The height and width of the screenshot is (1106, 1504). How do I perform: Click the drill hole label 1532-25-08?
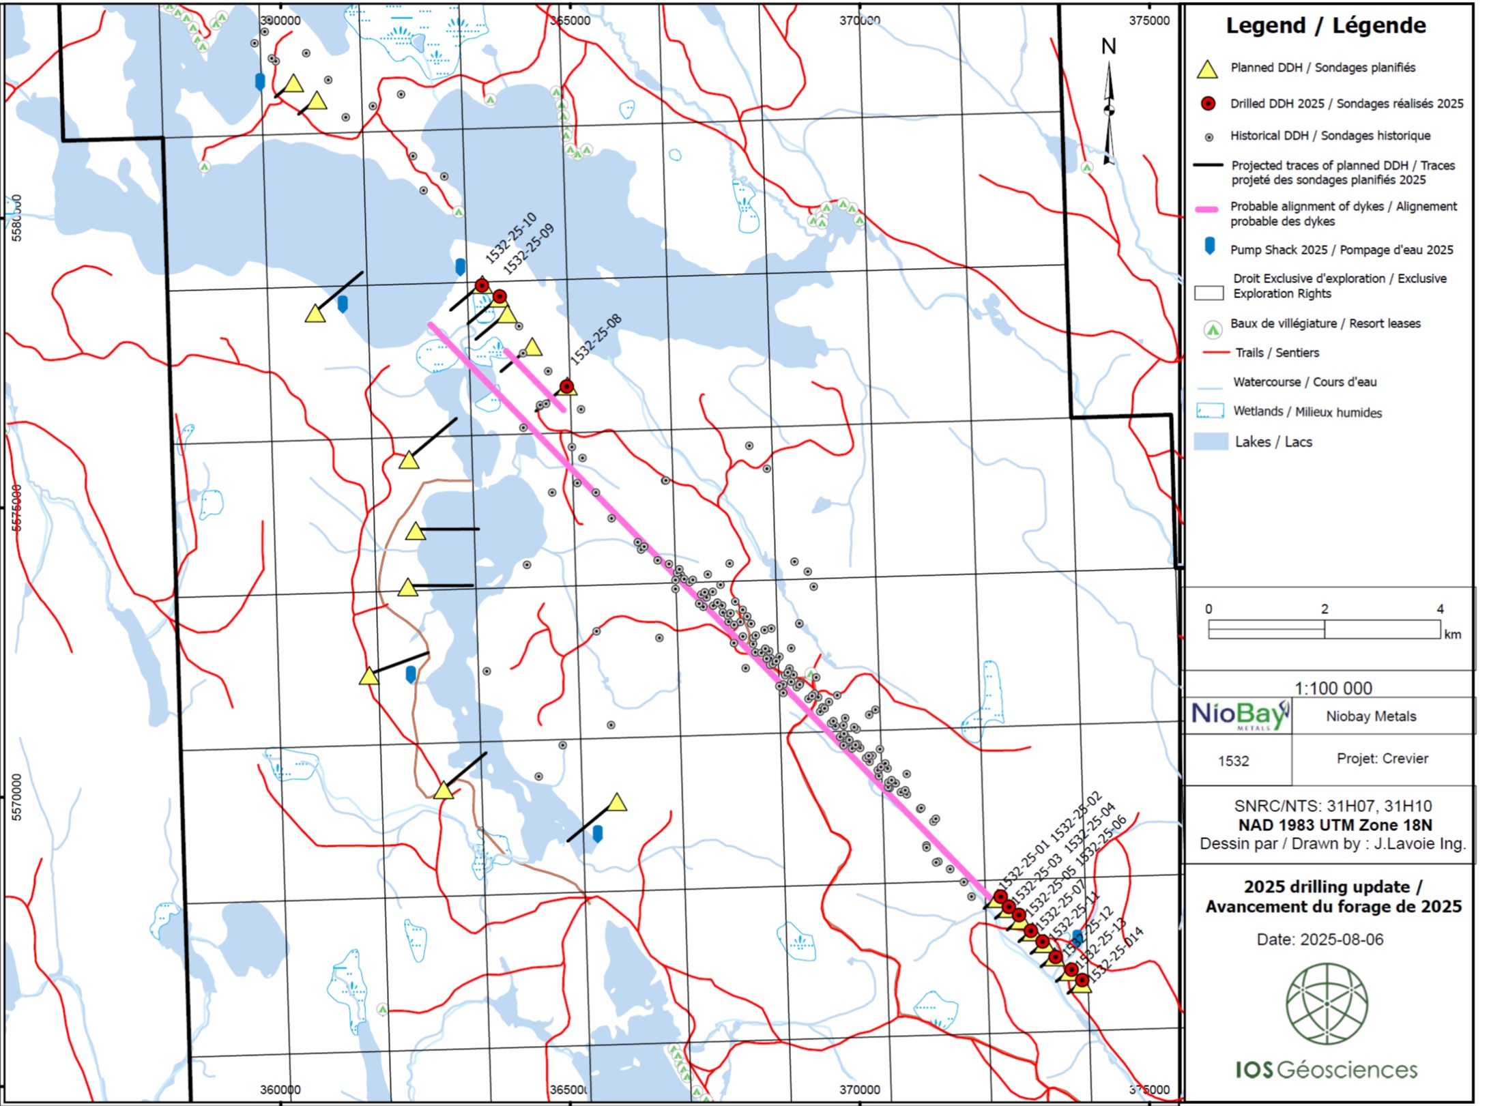pos(596,339)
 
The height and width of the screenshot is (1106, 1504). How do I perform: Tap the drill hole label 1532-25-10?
pos(510,238)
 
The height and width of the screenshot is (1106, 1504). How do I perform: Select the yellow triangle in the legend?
pos(1207,69)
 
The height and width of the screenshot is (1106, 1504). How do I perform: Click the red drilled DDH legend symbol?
pos(1208,104)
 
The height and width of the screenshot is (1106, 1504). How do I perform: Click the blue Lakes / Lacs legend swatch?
pos(1211,441)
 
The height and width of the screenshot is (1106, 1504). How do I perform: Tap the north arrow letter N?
pos(1108,46)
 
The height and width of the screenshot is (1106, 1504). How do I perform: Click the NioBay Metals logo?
pos(1239,716)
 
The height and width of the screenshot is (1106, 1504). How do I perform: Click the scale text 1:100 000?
pos(1333,688)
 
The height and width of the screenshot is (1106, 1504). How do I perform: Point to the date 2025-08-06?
pos(1341,940)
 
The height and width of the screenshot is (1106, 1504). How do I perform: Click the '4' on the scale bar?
pos(1440,609)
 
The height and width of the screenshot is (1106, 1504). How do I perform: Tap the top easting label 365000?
pos(570,20)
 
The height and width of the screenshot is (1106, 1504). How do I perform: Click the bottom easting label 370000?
pos(859,1090)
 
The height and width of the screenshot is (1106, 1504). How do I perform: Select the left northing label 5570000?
pos(16,797)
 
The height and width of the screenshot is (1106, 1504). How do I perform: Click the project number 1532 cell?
pos(1233,761)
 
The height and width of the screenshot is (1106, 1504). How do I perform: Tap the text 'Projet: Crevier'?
pos(1382,758)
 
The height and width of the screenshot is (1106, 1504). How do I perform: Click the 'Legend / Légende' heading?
pos(1325,26)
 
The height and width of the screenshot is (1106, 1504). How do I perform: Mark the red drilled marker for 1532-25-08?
pos(566,386)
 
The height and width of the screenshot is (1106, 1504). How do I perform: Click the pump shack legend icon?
pos(1209,246)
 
